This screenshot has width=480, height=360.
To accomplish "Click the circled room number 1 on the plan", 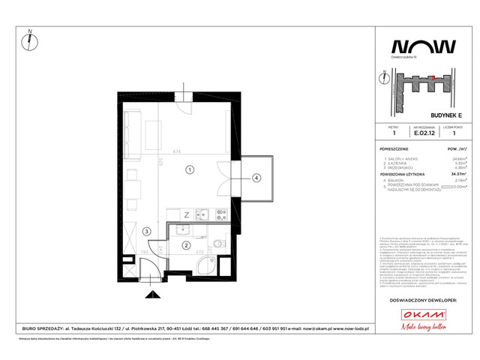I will (x=190, y=169).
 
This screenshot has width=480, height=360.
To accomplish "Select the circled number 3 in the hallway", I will (x=148, y=232).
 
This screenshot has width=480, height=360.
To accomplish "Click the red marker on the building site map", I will (x=432, y=77).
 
